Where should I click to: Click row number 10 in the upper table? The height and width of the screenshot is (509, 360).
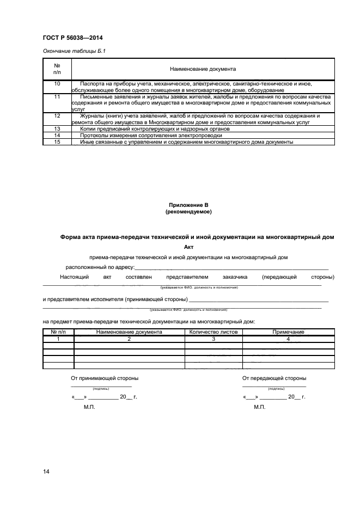coord(58,84)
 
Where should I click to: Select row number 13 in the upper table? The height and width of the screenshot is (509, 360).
coord(58,129)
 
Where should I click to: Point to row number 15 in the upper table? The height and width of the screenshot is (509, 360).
coord(58,142)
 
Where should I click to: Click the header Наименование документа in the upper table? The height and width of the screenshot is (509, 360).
coord(203,70)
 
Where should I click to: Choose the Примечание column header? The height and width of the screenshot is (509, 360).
coord(288,332)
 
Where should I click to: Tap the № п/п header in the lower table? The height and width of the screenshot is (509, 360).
coord(58,332)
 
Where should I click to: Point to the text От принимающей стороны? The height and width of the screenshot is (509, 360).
coord(105,378)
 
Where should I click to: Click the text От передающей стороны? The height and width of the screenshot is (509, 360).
coord(274,378)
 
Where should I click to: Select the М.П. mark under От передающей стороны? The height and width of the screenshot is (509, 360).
coord(259,407)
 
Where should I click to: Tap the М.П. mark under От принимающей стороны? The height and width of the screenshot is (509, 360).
coord(89,407)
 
